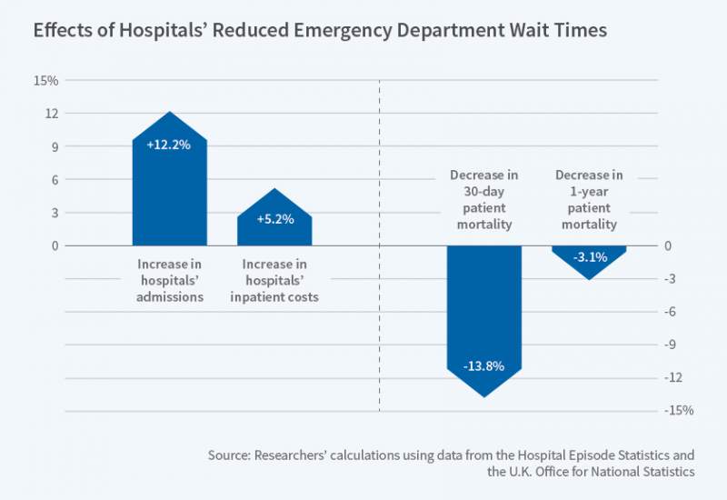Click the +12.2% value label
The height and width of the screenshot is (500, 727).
[169, 144]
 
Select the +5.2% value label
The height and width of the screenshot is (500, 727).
[274, 219]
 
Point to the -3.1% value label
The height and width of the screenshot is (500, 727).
[589, 257]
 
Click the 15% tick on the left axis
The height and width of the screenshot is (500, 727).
[46, 81]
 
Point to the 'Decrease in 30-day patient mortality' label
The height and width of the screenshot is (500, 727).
[484, 198]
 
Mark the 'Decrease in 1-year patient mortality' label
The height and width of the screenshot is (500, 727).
[589, 198]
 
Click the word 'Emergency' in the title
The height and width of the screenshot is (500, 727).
[362, 30]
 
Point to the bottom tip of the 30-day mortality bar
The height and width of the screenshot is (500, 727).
[484, 396]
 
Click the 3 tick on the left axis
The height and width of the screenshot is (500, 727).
[55, 213]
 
